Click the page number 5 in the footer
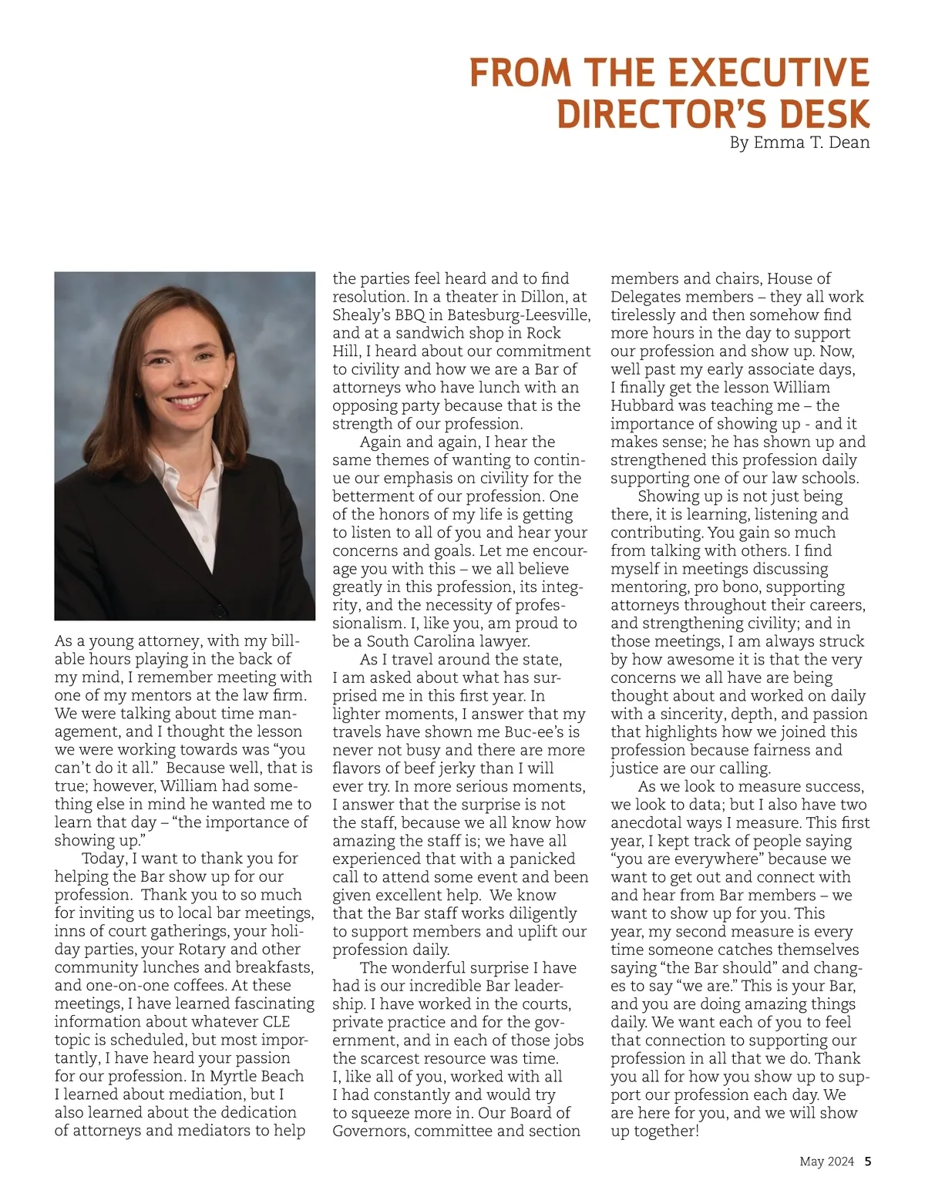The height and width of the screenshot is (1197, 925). (868, 1162)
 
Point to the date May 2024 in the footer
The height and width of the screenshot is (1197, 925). (826, 1162)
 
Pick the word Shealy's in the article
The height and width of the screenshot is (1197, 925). (362, 315)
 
